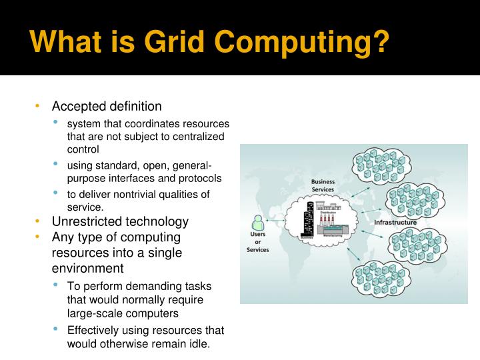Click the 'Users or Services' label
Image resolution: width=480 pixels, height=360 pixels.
point(257,243)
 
